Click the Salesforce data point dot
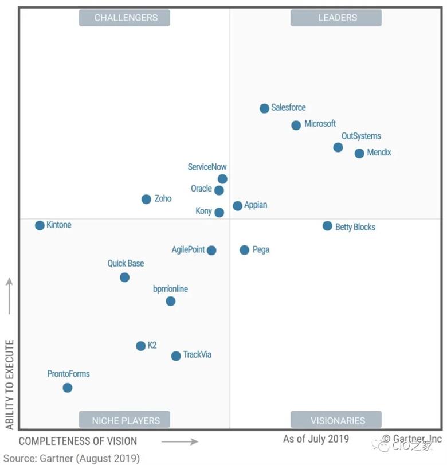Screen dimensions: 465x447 (264, 108)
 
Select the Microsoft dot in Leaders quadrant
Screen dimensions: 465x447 (296, 125)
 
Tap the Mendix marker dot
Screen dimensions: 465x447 (359, 153)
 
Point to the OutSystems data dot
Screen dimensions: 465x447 (338, 147)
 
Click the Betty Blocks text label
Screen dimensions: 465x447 (355, 227)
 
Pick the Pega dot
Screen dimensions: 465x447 (244, 250)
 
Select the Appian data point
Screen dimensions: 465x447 (237, 206)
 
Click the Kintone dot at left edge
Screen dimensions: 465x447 (40, 225)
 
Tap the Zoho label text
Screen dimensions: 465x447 (163, 199)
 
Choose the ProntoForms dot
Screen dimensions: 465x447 (68, 388)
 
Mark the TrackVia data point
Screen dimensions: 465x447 (176, 356)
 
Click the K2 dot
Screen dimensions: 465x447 (140, 346)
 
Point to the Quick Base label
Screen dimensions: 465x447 (126, 264)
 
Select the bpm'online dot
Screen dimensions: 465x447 (170, 301)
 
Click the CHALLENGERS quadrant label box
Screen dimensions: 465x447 (124, 18)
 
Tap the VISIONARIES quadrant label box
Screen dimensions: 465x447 (338, 420)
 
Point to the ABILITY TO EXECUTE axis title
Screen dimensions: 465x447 (9, 384)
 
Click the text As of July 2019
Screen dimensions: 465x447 (315, 439)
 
